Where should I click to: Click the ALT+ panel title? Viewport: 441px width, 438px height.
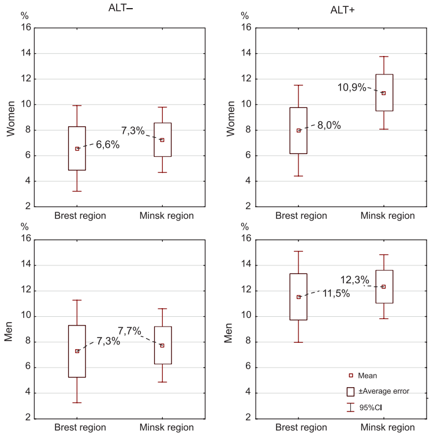342,10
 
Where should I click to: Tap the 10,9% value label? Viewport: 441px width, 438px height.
352,88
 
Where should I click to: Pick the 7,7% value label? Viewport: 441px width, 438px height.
129,331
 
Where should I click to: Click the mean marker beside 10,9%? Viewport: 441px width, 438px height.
383,93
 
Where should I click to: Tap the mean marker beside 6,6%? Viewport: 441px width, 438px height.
77,148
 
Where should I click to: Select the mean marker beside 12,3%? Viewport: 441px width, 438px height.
383,286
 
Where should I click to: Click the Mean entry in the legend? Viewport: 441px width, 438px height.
367,376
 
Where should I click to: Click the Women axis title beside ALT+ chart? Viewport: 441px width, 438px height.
230,118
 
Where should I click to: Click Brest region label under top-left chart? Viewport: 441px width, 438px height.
80,216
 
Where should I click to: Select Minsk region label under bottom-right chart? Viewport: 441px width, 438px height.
387,428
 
